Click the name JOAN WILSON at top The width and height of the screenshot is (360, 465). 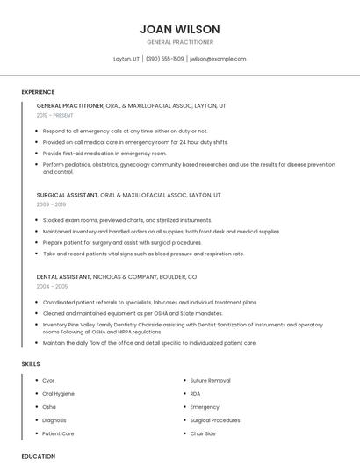pos(180,29)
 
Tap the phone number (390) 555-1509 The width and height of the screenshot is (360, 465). pos(165,59)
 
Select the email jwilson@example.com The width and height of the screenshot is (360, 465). pos(218,59)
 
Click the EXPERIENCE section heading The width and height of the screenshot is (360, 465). pos(38,92)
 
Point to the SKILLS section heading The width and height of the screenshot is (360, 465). pos(30,363)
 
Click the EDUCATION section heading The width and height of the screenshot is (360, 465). pos(38,456)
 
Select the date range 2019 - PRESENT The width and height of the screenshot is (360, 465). pos(56,116)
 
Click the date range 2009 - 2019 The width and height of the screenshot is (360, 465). pos(51,204)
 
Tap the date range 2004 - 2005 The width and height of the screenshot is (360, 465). pos(51,286)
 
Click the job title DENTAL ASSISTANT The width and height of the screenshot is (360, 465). pos(63,276)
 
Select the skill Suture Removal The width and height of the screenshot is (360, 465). pos(210,381)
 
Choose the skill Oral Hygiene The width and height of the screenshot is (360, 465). pos(58,394)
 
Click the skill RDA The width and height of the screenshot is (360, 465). pos(196,394)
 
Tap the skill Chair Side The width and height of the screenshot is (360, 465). pos(203,433)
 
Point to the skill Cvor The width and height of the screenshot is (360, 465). pos(48,381)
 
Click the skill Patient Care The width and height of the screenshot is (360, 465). pos(58,433)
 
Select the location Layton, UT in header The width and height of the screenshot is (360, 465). pos(126,59)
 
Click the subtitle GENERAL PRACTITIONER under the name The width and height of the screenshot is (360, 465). pos(180,42)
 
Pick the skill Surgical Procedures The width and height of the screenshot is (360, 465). pos(215,420)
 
